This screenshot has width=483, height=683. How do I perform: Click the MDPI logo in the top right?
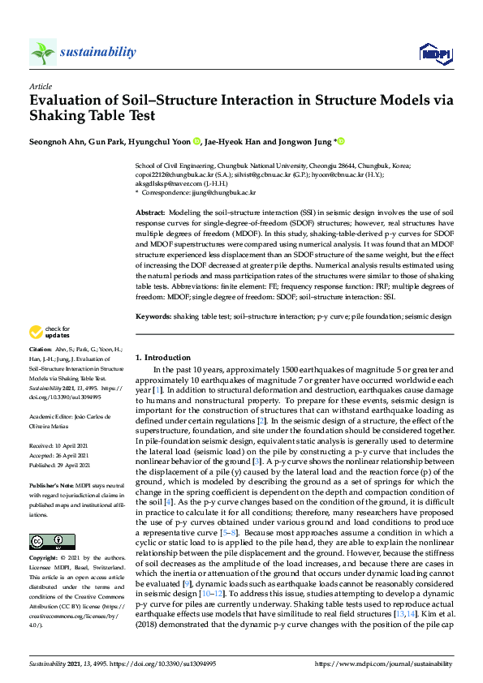click(x=435, y=54)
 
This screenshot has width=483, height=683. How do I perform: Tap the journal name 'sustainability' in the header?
click(x=97, y=52)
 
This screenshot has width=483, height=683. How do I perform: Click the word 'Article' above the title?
click(x=41, y=86)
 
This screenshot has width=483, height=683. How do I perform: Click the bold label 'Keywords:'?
click(x=153, y=316)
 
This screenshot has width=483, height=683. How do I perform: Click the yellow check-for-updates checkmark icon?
click(x=36, y=332)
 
